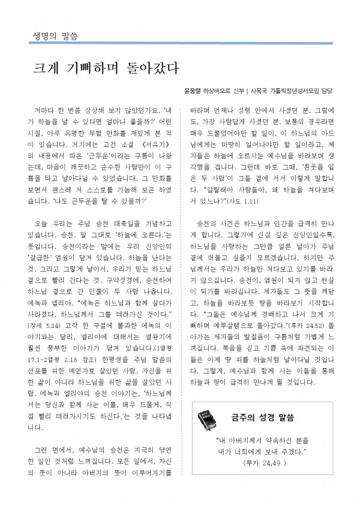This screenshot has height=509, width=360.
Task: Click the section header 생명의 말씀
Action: [x=52, y=35]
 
